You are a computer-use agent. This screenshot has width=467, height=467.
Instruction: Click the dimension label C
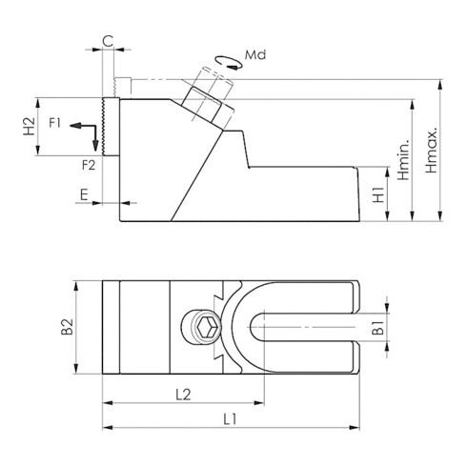coord(108,41)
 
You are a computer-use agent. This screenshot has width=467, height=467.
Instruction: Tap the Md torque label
coord(255,55)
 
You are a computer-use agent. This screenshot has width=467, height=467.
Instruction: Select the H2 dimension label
coord(30,126)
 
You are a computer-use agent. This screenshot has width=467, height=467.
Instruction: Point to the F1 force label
coord(54,123)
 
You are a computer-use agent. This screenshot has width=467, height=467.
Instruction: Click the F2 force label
coord(89,165)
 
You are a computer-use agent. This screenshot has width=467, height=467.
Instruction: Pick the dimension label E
coord(84,194)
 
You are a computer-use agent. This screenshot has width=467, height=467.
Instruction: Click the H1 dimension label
coord(378,194)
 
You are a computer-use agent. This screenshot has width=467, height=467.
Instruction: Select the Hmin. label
coord(403,160)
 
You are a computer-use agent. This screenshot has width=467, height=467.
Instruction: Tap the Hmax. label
coord(431,151)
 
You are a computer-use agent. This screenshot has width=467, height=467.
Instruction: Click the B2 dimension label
coord(68,327)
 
